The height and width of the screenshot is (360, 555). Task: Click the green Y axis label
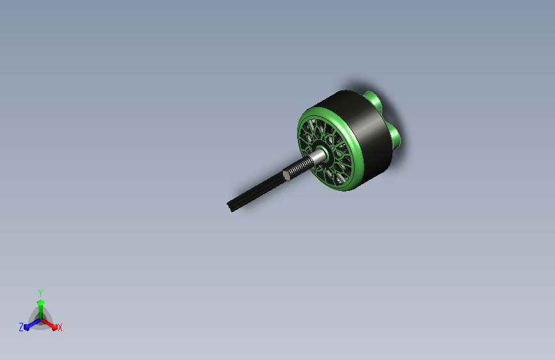tap(40, 293)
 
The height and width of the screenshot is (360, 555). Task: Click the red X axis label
tap(60, 327)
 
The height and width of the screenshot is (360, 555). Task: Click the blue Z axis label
tap(21, 327)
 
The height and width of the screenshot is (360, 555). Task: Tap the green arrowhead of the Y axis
tap(40, 302)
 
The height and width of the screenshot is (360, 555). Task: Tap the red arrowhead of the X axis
tap(54, 327)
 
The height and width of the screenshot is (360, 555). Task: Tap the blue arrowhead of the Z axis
tap(26, 327)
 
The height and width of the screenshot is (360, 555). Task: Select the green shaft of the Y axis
tap(40, 312)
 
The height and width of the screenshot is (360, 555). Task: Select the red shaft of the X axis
tap(47, 323)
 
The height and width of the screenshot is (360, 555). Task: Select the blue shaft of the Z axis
tap(34, 323)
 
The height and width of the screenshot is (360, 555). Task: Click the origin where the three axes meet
tap(40, 320)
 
